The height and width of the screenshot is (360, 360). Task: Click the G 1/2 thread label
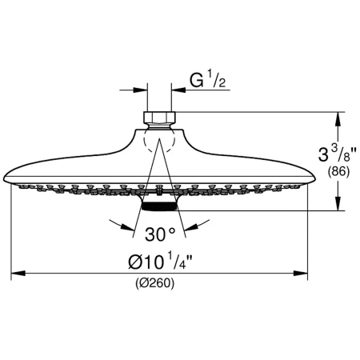(207, 80)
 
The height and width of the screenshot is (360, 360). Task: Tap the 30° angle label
(160, 234)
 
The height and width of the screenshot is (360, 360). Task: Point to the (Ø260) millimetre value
(155, 283)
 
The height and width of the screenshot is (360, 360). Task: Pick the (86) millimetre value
(338, 171)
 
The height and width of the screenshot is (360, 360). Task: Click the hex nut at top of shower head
(159, 118)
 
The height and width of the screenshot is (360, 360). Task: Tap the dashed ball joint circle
(159, 140)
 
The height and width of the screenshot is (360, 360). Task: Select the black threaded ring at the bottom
(159, 206)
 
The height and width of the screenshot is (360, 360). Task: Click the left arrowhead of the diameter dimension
(18, 273)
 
